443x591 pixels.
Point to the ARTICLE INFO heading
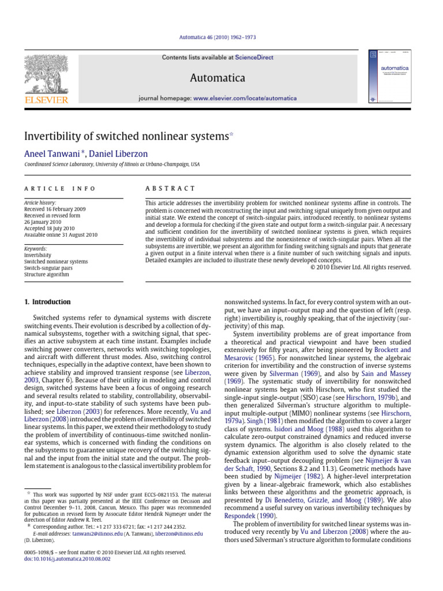click(60, 189)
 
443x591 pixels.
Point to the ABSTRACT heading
click(172, 189)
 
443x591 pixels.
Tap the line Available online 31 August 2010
click(61, 235)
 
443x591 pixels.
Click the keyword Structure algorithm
click(47, 275)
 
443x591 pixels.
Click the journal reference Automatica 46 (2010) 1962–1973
click(221, 38)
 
